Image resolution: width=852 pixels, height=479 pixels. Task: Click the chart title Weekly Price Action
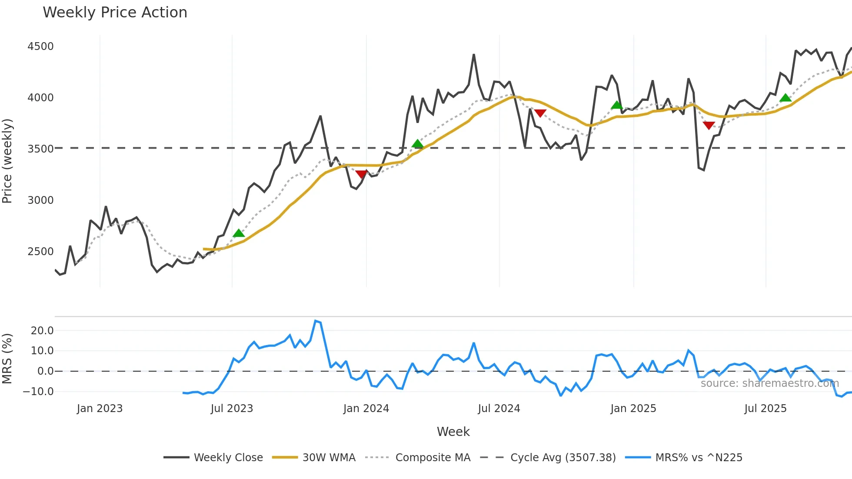point(115,13)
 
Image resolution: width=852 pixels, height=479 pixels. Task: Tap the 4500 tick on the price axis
point(40,47)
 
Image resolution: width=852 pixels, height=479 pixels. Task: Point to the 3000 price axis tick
point(40,200)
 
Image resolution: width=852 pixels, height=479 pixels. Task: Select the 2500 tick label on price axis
point(40,252)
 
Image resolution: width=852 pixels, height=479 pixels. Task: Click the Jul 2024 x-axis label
point(499,409)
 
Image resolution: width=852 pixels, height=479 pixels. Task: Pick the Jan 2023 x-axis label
point(100,409)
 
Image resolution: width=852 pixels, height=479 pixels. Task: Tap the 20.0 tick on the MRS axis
point(42,331)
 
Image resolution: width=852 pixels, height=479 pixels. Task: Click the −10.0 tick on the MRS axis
point(38,392)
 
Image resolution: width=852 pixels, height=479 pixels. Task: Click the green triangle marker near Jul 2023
point(239,233)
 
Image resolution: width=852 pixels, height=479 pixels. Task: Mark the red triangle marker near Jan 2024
point(361,174)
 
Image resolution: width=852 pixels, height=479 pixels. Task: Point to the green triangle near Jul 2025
point(785,98)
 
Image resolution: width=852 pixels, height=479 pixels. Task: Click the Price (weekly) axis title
point(7,161)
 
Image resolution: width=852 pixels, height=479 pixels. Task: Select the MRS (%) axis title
point(7,359)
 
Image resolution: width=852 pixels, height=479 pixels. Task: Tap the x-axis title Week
point(453,432)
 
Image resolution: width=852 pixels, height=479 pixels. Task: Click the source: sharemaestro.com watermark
point(769,383)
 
